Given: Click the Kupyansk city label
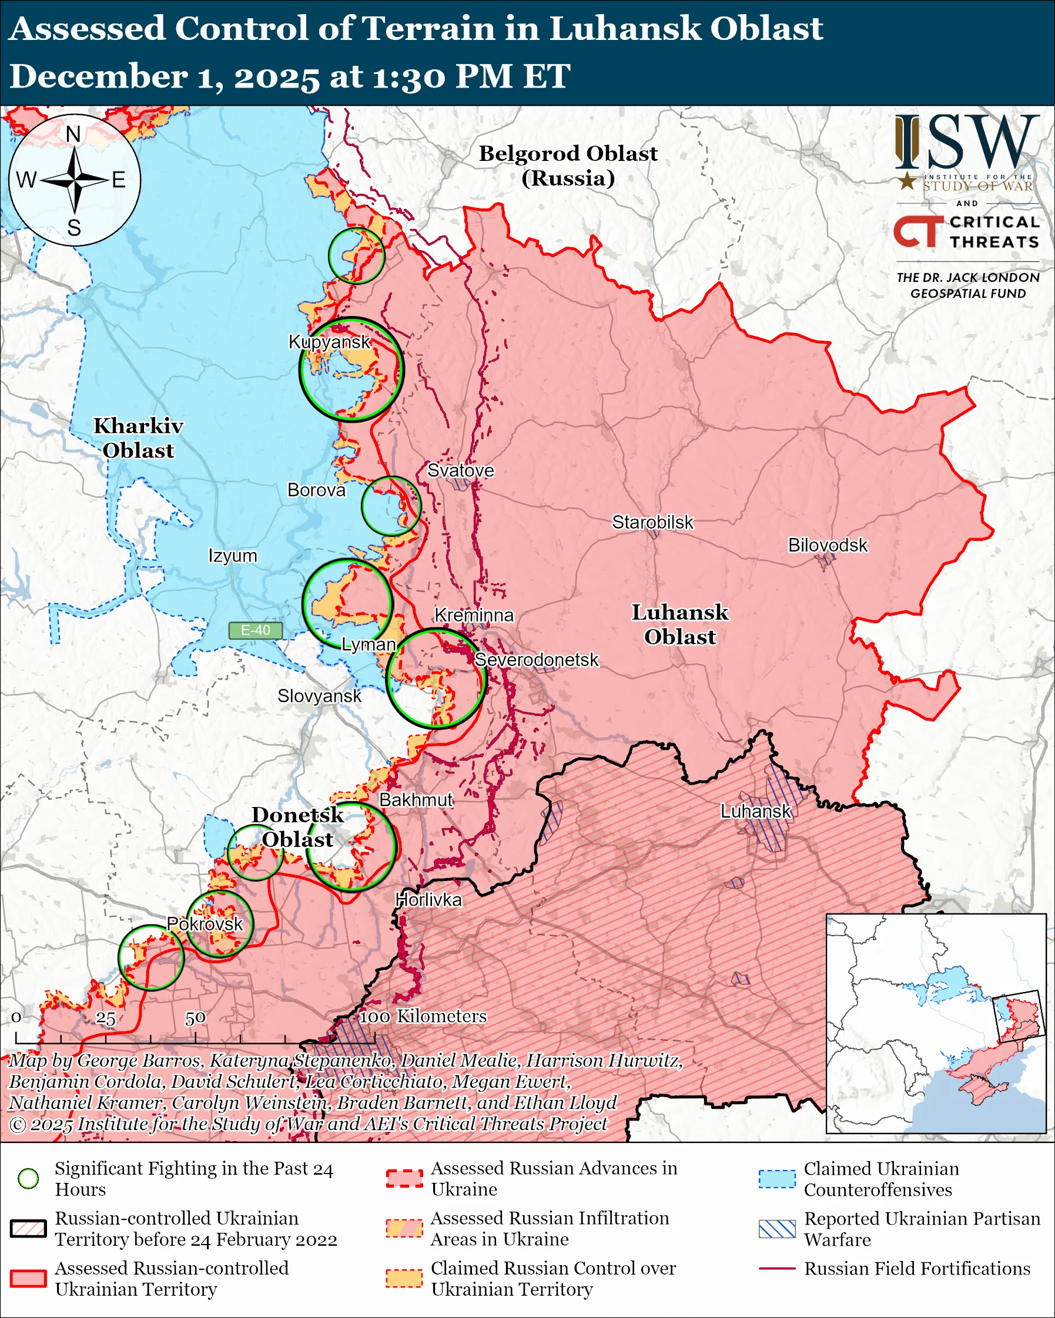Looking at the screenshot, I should click(x=329, y=342).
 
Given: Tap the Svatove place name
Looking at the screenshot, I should click(x=460, y=470).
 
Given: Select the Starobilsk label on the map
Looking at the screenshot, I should click(x=652, y=522).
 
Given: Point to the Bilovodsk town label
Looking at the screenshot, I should click(x=827, y=544).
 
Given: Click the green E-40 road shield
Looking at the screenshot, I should click(x=255, y=630).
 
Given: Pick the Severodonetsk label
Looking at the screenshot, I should click(x=537, y=660).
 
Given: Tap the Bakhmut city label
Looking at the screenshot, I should click(x=416, y=799).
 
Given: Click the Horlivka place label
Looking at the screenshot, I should click(x=428, y=900).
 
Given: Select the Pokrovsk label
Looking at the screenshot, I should click(x=205, y=924).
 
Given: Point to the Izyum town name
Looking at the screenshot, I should click(x=232, y=556).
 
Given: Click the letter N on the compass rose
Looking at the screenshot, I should click(x=73, y=134).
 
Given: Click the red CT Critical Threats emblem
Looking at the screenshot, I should click(x=917, y=231).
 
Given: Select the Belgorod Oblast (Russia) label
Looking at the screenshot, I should click(x=568, y=165).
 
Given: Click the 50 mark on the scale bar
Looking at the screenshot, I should click(x=195, y=1018).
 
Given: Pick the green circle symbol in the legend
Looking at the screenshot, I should click(x=29, y=1178).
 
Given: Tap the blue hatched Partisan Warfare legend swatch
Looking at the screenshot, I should click(x=777, y=1229).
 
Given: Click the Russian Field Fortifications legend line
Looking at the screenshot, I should click(x=777, y=1269).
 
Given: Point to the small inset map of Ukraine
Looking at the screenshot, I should click(x=936, y=1023).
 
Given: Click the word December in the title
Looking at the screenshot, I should click(x=98, y=76).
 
